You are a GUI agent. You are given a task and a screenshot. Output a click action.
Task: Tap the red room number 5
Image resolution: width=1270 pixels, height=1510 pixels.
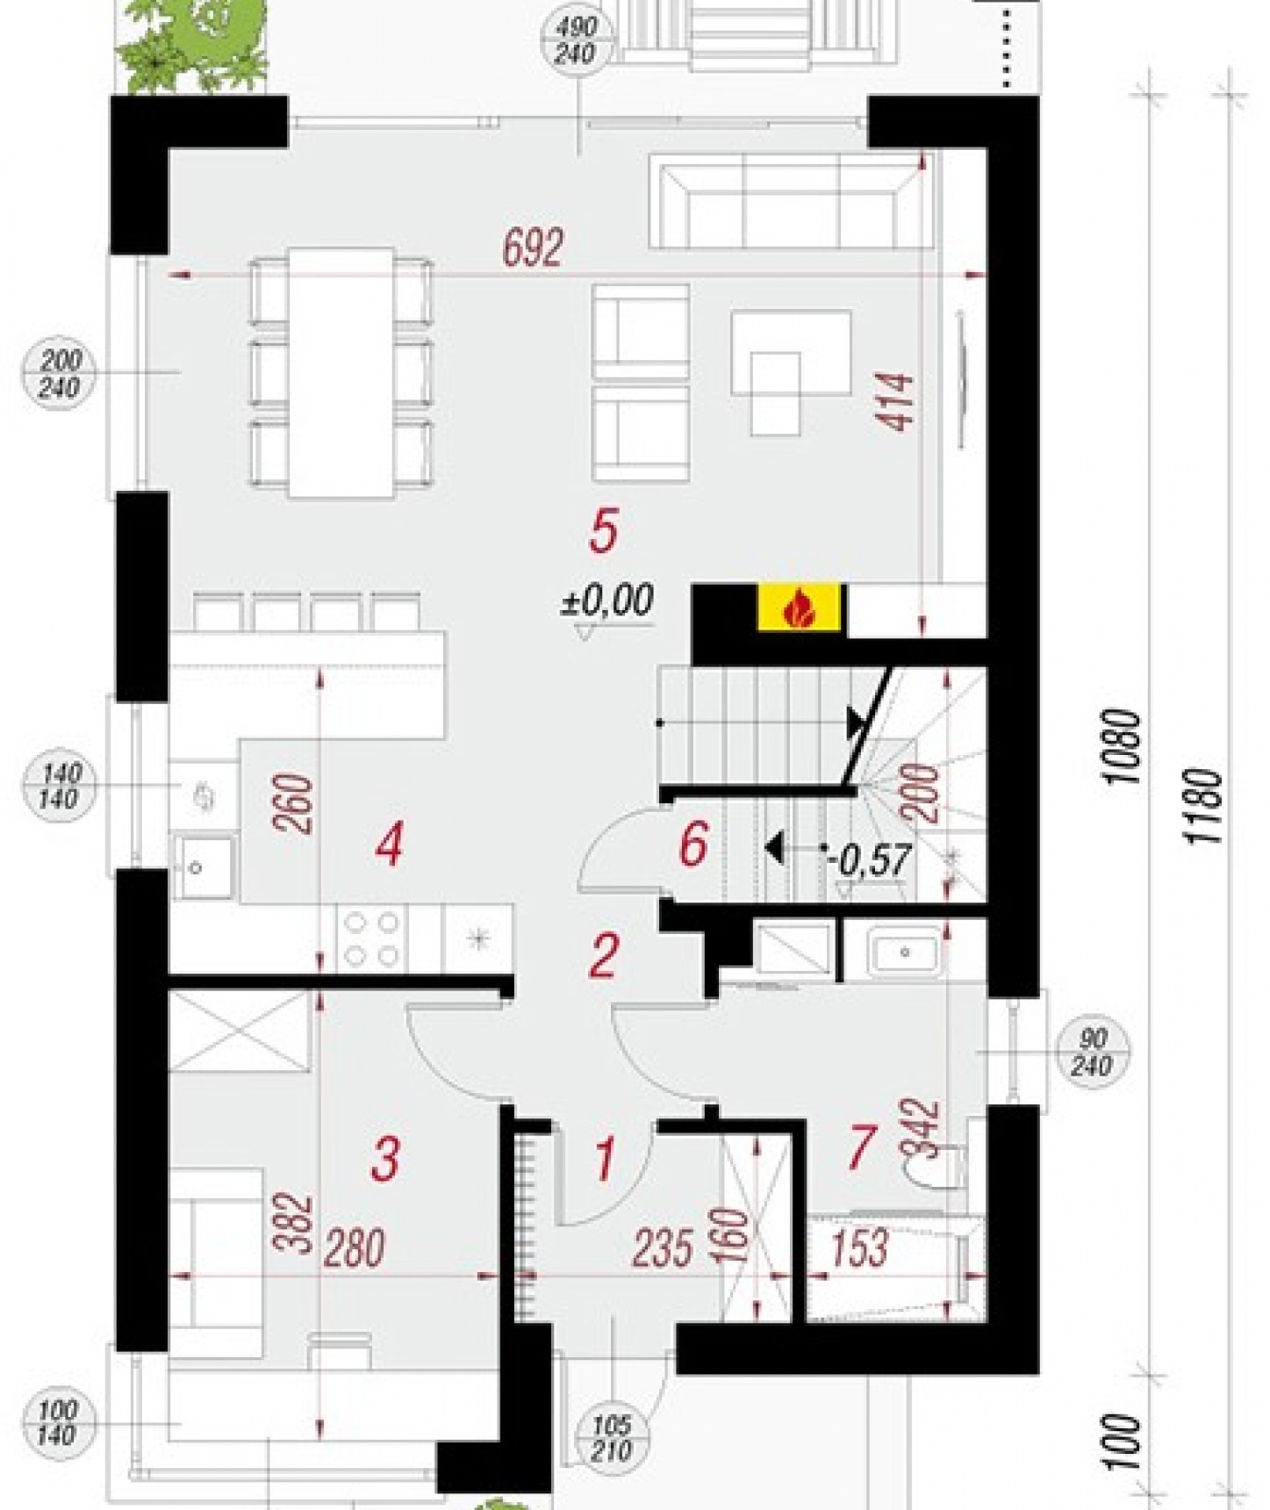pyautogui.click(x=604, y=531)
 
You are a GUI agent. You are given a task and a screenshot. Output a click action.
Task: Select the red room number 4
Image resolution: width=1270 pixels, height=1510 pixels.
pyautogui.click(x=389, y=847)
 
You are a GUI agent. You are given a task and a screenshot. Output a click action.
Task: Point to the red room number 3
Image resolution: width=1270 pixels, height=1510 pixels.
pyautogui.click(x=385, y=1158)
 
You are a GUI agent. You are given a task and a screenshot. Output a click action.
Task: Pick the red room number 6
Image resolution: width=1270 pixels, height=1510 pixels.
pyautogui.click(x=693, y=845)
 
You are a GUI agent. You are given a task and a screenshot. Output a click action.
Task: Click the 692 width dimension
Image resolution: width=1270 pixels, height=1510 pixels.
pyautogui.click(x=533, y=248)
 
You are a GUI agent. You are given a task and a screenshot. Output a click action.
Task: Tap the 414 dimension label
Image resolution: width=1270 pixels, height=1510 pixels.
pyautogui.click(x=898, y=401)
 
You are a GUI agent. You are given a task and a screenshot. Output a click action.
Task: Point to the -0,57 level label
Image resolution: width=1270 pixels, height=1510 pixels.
pyautogui.click(x=869, y=860)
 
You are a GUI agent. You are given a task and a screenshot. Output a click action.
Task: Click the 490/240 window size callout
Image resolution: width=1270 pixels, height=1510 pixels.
pyautogui.click(x=577, y=40)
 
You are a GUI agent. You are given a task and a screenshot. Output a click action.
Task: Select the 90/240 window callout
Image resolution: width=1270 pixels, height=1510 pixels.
pyautogui.click(x=1092, y=1052)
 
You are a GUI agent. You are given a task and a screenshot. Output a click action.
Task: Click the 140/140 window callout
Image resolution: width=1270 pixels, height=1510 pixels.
pyautogui.click(x=60, y=786)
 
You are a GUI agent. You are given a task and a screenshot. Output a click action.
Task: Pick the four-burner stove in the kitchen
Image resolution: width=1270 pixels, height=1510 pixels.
pyautogui.click(x=372, y=938)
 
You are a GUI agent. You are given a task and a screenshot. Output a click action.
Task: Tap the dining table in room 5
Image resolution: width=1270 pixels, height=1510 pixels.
pyautogui.click(x=341, y=373)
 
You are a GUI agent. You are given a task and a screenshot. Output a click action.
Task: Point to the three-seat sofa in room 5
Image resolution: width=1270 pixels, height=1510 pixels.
pyautogui.click(x=790, y=201)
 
